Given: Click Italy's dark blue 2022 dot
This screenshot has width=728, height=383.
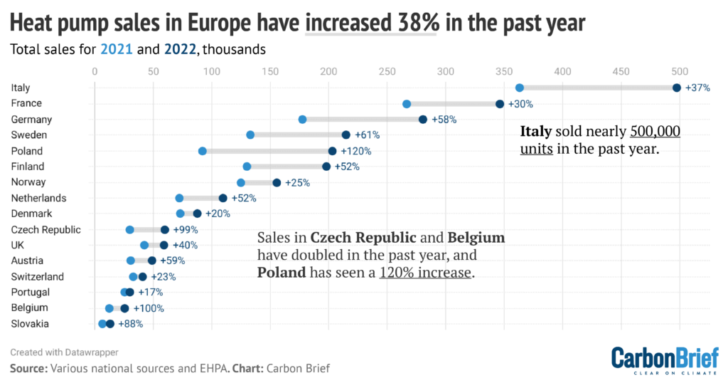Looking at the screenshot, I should click(676, 88).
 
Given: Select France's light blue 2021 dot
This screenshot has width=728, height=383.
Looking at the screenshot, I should click(407, 104).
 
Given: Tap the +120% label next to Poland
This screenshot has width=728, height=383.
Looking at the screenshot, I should click(355, 151).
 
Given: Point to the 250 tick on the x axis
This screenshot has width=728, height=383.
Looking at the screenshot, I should click(387, 71).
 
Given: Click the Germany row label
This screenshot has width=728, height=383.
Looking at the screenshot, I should click(27, 119).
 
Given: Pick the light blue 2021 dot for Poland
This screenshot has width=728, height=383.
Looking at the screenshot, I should click(203, 151).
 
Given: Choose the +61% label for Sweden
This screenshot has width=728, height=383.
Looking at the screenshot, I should click(367, 135).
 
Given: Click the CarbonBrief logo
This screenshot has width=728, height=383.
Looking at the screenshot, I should click(665, 359).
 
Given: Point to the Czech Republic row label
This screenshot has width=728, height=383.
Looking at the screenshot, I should click(46, 229).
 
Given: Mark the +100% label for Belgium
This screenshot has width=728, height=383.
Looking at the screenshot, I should click(149, 308).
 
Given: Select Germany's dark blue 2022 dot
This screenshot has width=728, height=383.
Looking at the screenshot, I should click(423, 120).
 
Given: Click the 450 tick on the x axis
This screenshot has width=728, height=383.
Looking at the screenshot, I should click(621, 71).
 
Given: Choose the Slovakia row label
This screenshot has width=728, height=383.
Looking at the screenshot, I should click(30, 324).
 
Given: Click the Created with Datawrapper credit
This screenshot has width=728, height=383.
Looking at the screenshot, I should click(64, 352).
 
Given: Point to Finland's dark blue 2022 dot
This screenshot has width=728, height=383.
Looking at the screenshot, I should click(326, 167).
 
